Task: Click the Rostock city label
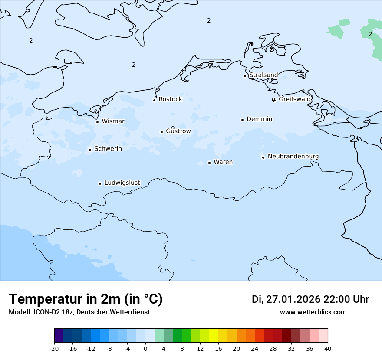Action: tap(170, 99)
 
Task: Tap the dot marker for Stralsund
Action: tap(245, 76)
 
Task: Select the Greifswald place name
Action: tap(295, 99)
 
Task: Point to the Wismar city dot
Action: tap(97, 122)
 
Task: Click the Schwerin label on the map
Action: tap(108, 149)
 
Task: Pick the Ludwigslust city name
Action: tap(122, 183)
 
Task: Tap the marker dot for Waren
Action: tap(209, 163)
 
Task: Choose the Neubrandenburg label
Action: tap(293, 156)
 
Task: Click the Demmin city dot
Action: tap(242, 120)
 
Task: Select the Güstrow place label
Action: tap(178, 131)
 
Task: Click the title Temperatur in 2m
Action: tap(86, 299)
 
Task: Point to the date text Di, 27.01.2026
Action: tap(286, 299)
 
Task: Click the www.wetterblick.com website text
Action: tap(313, 312)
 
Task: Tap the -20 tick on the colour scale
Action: tap(54, 348)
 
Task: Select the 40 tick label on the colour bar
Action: tap(328, 348)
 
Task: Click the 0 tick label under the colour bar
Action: tap(145, 348)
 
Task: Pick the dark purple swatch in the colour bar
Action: tap(59, 336)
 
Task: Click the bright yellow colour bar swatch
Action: tap(214, 336)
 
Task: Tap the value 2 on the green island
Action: tap(370, 34)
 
